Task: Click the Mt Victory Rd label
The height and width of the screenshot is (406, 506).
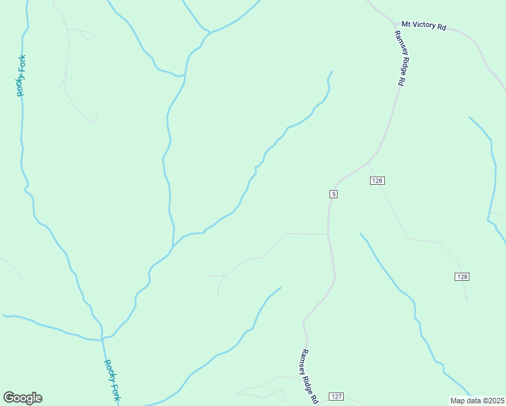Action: (x=424, y=26)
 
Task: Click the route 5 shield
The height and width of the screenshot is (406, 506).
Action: (x=333, y=194)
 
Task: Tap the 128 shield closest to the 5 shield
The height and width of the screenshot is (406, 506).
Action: (x=377, y=180)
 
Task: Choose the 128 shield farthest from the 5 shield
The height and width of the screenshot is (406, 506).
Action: (x=462, y=277)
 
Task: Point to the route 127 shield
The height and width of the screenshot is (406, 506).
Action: (x=337, y=396)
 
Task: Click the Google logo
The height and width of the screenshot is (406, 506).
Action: (x=22, y=398)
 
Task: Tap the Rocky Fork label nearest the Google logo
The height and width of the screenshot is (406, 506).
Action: (x=112, y=380)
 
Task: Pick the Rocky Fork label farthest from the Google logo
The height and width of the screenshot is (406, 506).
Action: (x=22, y=75)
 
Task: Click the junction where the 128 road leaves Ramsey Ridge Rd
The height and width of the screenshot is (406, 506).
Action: (x=368, y=162)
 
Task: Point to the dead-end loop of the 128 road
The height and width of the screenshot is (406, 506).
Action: (x=467, y=298)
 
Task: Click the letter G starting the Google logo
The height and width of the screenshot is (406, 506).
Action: (x=9, y=398)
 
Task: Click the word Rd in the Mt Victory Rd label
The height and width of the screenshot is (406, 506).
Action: (x=442, y=27)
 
